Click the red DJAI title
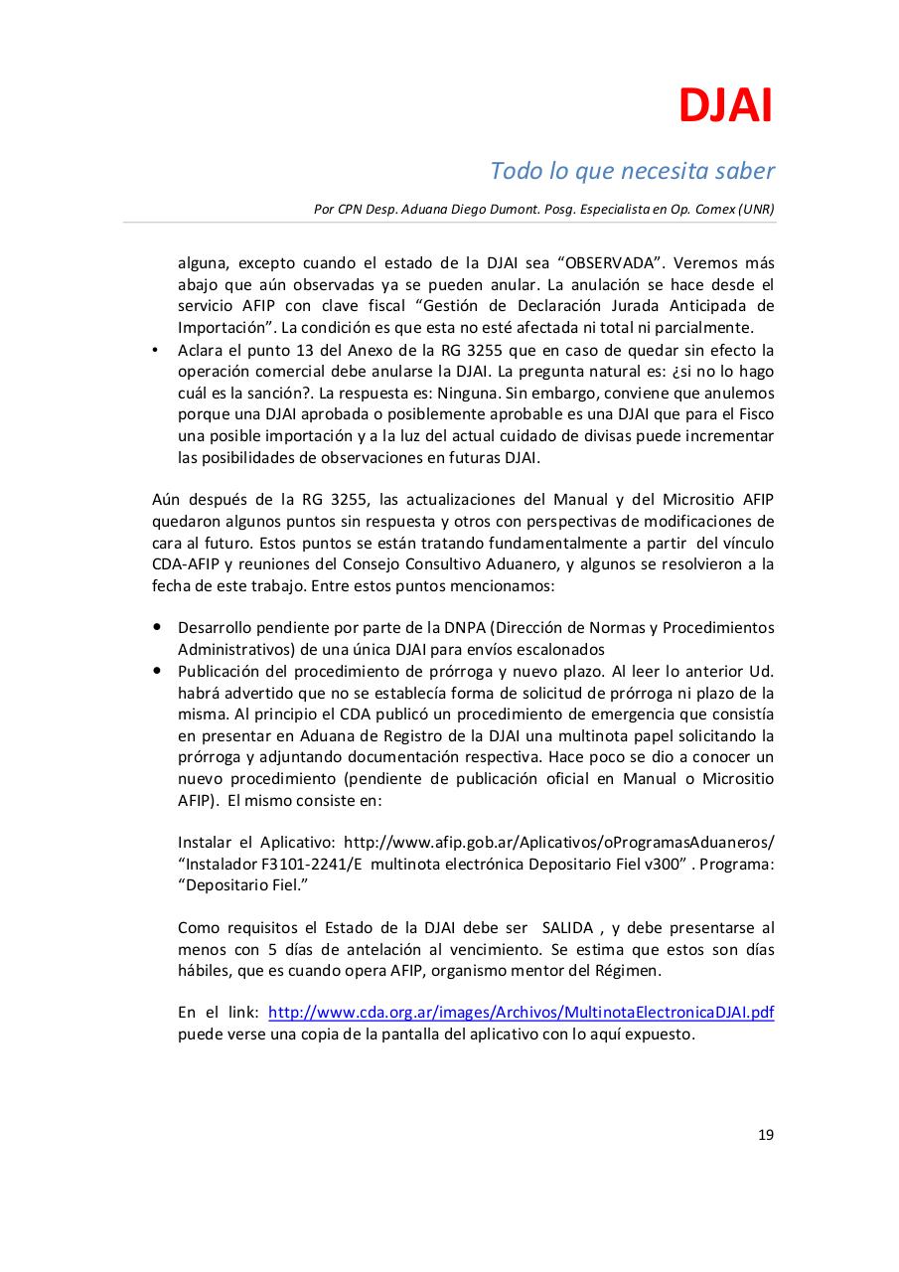point(725,106)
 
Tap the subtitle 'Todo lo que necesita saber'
point(632,171)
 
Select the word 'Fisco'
point(753,414)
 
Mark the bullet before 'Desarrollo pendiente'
point(157,628)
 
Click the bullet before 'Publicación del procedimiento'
point(157,671)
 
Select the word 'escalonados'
point(562,650)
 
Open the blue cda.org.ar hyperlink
point(521,1013)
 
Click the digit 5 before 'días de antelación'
point(273,949)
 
